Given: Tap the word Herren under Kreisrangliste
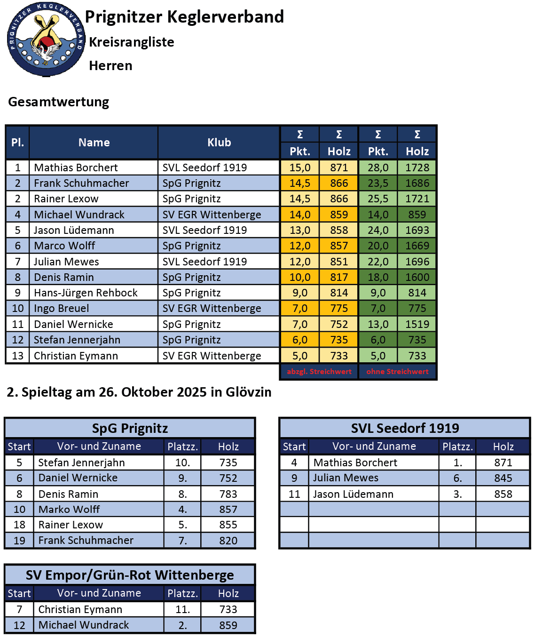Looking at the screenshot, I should [x=110, y=65].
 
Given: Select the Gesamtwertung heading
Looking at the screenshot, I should [x=59, y=102].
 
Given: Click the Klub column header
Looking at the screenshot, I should [x=219, y=143].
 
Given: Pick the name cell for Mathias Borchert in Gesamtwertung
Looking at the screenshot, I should [x=76, y=167].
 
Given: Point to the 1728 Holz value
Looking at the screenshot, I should [x=417, y=167].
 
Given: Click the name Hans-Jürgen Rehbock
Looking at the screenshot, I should [x=86, y=293].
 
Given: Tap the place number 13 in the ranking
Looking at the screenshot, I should [x=18, y=356].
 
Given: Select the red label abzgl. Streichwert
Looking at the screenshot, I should [x=319, y=372].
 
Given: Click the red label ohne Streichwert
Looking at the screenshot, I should [x=397, y=372].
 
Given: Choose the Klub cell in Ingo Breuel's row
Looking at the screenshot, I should [x=212, y=308].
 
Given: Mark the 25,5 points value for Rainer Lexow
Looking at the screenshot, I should [x=378, y=199].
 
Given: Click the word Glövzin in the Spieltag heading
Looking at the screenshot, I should [x=248, y=392].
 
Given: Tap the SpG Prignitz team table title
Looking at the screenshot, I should [x=130, y=428].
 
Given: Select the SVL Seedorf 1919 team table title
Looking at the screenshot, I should [x=405, y=428].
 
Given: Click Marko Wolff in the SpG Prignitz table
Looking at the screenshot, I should [x=69, y=509].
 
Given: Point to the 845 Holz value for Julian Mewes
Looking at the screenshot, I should [x=503, y=478].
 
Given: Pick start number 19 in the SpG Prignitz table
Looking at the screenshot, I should [x=19, y=541].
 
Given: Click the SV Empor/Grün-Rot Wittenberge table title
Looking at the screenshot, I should [x=130, y=575].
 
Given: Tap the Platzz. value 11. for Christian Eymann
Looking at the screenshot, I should [x=182, y=609].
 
